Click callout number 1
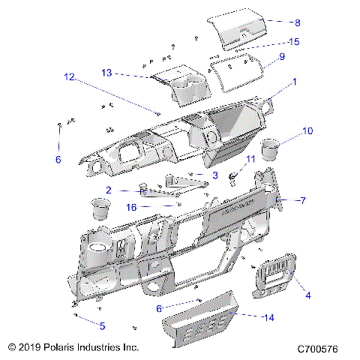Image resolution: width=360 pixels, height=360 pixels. click(295, 80)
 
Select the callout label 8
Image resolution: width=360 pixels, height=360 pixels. click(276, 22)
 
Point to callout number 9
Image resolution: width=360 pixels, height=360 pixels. click(281, 57)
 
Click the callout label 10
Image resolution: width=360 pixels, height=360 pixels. click(307, 131)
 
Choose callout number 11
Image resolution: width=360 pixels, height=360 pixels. click(250, 159)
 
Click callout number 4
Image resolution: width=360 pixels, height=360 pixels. click(307, 295)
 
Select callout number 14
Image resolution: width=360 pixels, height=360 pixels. click(268, 317)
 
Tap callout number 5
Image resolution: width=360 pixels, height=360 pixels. click(102, 325)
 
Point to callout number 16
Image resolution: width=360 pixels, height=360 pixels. click(130, 206)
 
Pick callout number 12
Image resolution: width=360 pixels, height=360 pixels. click(69, 76)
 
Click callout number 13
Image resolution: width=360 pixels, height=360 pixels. click(106, 72)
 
